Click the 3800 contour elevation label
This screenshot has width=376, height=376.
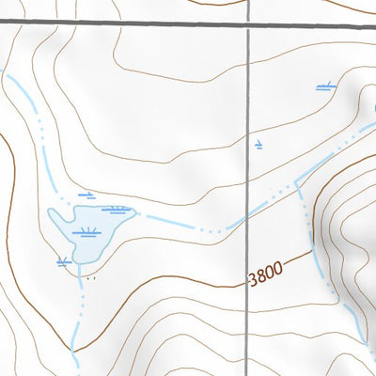[264, 277]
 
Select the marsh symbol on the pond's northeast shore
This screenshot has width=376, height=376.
[118, 209]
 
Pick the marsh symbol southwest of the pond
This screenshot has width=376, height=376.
[64, 261]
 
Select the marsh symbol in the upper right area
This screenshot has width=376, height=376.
[325, 86]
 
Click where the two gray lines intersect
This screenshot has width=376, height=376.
[249, 24]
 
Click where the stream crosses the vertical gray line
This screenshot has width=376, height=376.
[249, 212]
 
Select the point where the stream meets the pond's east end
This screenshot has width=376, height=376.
[137, 215]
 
